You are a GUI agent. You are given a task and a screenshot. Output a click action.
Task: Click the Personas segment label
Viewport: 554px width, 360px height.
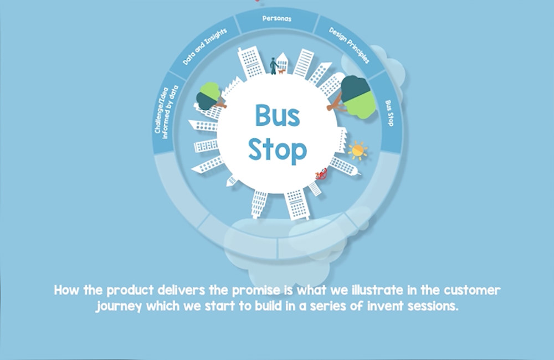click(x=276, y=19)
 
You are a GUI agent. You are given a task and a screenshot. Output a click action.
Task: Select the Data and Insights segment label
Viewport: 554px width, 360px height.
click(x=204, y=47)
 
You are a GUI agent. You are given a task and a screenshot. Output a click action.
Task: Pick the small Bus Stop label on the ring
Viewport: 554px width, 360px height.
click(x=389, y=113)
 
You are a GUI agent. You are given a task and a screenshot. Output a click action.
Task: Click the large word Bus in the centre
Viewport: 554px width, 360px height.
click(x=277, y=116)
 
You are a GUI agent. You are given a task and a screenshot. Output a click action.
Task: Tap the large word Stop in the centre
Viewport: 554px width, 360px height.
click(x=277, y=150)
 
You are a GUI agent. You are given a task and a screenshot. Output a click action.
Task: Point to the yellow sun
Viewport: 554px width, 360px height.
click(x=357, y=150)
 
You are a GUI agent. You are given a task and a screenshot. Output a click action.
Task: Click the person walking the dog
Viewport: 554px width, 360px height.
click(x=274, y=66)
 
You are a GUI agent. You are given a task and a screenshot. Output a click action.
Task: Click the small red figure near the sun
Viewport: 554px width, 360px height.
click(x=320, y=176)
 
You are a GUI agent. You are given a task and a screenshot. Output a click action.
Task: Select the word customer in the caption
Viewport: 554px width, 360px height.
click(x=474, y=290)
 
